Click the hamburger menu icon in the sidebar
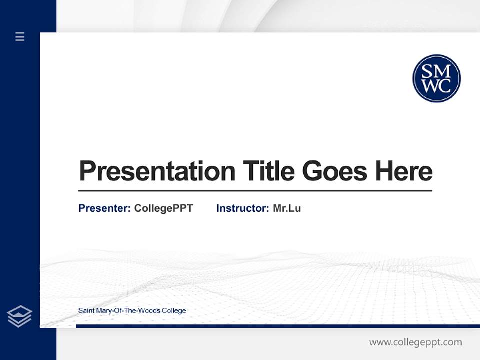click(x=20, y=36)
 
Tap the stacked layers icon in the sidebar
click(x=19, y=316)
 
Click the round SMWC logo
click(x=436, y=78)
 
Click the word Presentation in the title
click(x=157, y=171)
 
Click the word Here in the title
click(x=404, y=171)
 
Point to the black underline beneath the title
click(x=255, y=191)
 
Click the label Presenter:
click(x=104, y=208)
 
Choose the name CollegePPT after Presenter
click(x=163, y=208)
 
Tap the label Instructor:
click(x=242, y=208)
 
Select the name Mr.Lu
click(x=287, y=208)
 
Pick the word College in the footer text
click(x=174, y=311)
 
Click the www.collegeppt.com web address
click(x=415, y=342)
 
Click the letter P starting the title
click(x=86, y=171)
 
